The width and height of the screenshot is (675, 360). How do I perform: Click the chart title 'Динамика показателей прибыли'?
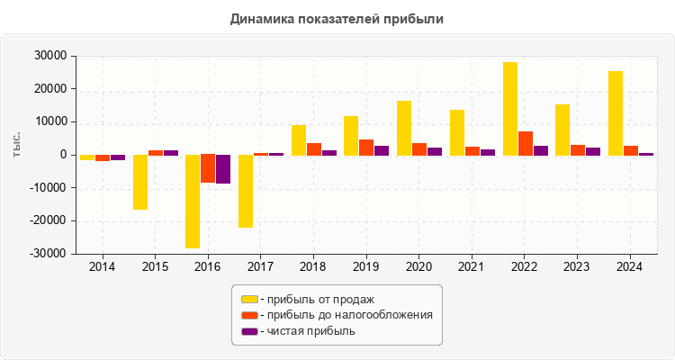point(337,18)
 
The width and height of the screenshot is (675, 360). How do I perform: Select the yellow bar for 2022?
point(510,108)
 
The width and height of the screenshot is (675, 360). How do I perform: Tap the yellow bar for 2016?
point(193,201)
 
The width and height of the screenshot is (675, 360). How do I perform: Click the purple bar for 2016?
point(223,169)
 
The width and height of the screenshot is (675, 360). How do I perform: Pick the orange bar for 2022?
point(526,143)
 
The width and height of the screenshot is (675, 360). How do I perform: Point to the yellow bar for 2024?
point(616,112)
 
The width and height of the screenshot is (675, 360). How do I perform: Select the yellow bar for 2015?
point(140,182)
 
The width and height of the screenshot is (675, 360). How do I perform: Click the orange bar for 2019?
point(366,147)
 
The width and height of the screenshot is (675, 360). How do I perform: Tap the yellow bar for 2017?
point(246,191)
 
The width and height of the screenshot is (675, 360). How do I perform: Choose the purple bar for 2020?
point(435,151)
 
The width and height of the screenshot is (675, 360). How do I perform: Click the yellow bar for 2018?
point(299,139)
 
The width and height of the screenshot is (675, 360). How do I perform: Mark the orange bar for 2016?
point(208,168)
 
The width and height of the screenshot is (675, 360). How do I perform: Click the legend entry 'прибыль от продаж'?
point(316,299)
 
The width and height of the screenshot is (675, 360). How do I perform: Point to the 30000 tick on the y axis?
point(52,56)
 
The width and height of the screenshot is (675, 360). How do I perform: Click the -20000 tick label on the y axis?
point(49,221)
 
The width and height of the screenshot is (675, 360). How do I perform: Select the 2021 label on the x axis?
point(472,267)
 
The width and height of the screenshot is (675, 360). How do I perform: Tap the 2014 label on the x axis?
point(103,267)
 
